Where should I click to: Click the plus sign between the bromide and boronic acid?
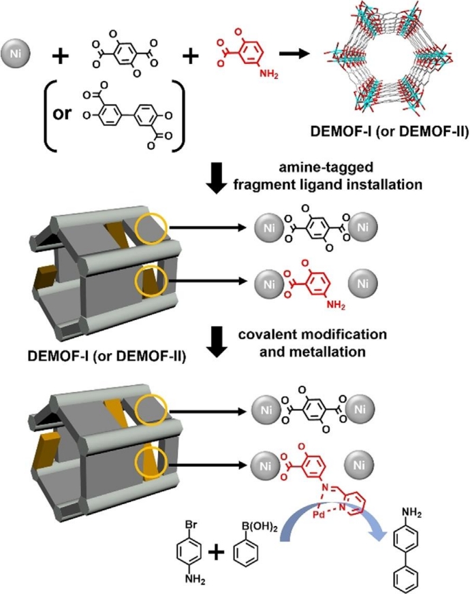(216, 551)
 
